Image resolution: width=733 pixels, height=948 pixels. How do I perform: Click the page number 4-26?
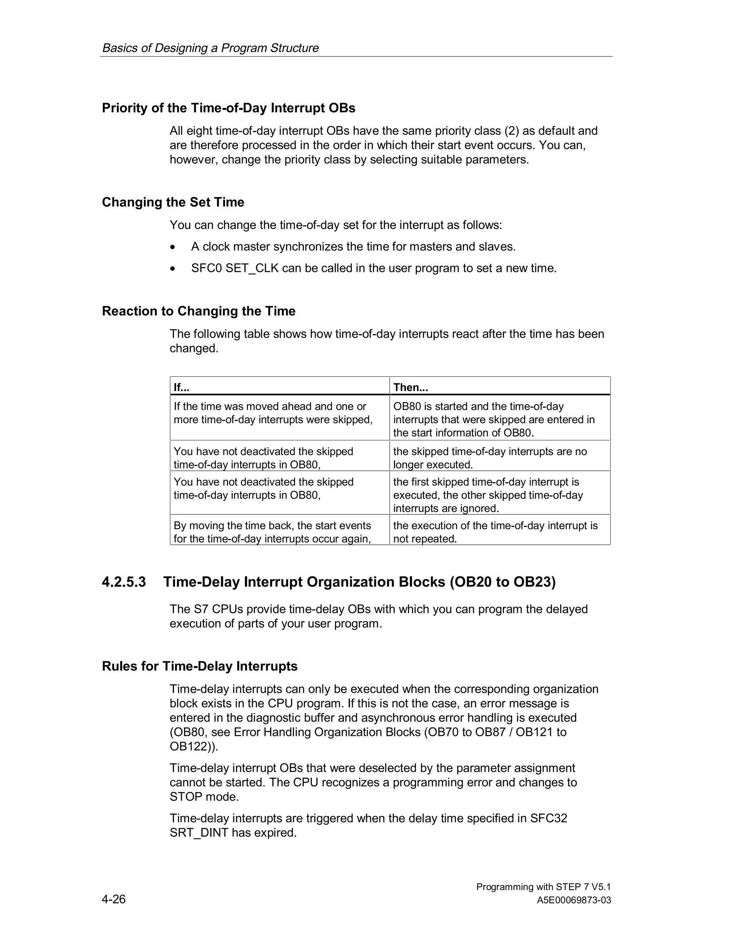pyautogui.click(x=113, y=899)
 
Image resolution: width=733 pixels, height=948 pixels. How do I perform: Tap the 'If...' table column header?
pyautogui.click(x=181, y=387)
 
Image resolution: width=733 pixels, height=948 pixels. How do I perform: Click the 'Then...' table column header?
pyautogui.click(x=411, y=387)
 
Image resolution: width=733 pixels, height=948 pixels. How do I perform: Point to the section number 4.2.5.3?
pyautogui.click(x=124, y=582)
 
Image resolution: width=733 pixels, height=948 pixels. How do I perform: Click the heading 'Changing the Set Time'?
pyautogui.click(x=173, y=202)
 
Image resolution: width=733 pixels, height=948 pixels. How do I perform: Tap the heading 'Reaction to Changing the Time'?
pyautogui.click(x=198, y=311)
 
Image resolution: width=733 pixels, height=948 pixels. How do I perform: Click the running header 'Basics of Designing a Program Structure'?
pyautogui.click(x=210, y=48)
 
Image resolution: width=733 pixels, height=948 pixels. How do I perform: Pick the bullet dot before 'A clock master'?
pyautogui.click(x=173, y=247)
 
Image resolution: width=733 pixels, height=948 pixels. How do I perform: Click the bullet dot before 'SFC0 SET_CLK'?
pyautogui.click(x=173, y=269)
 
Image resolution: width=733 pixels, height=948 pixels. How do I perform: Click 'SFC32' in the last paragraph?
pyautogui.click(x=548, y=818)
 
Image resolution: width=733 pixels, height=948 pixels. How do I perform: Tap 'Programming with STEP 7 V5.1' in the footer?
pyautogui.click(x=543, y=886)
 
